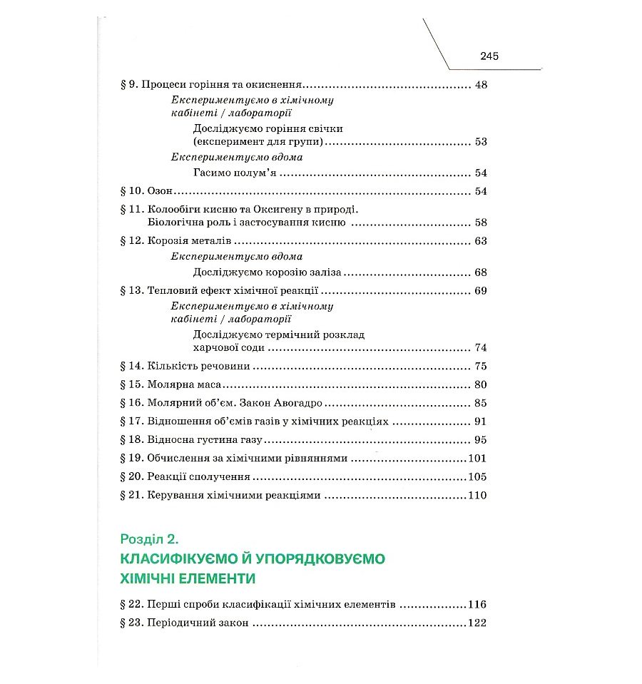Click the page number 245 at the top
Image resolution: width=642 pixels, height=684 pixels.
pyautogui.click(x=489, y=56)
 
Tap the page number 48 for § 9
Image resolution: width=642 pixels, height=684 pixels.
pyautogui.click(x=480, y=86)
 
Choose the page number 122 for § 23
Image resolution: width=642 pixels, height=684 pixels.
pyautogui.click(x=476, y=623)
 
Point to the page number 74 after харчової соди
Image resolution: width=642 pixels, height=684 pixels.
pyautogui.click(x=480, y=348)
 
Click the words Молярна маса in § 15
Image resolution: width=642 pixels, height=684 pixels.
pyautogui.click(x=179, y=385)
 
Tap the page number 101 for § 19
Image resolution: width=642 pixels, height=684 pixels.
pyautogui.click(x=476, y=459)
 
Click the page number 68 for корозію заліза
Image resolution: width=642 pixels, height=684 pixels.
pyautogui.click(x=480, y=273)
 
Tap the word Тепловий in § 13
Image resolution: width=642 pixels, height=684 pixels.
pyautogui.click(x=170, y=292)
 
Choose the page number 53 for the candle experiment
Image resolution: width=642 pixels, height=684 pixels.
pyautogui.click(x=480, y=142)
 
